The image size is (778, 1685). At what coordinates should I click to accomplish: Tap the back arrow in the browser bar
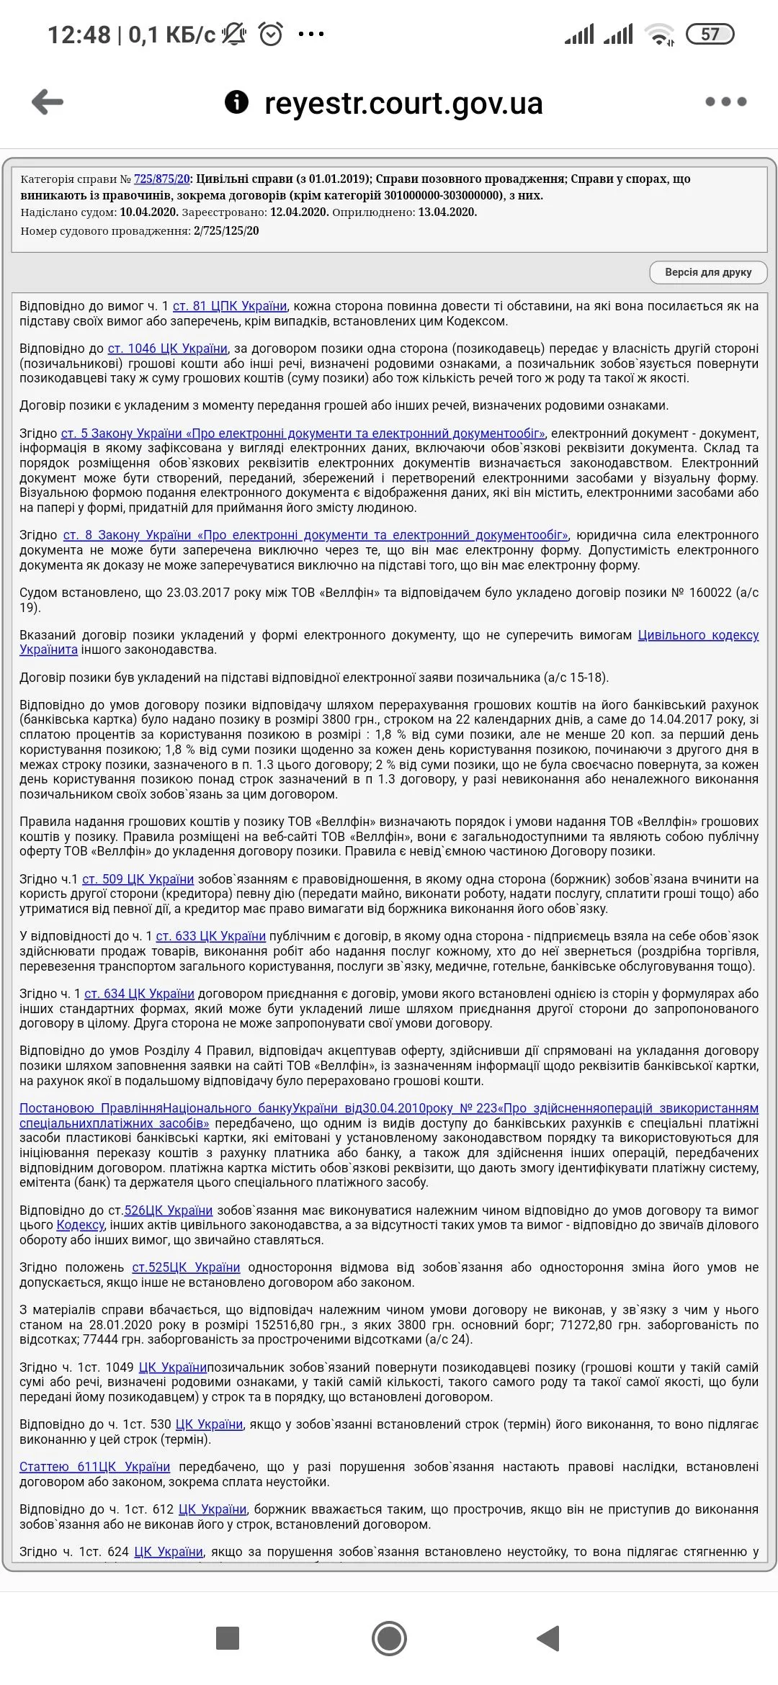(48, 102)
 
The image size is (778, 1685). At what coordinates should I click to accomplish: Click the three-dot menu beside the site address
(725, 102)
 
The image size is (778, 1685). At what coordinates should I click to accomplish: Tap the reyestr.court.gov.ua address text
(403, 103)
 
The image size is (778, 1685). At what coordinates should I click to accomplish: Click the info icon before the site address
(236, 102)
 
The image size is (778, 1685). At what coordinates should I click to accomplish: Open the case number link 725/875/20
(162, 179)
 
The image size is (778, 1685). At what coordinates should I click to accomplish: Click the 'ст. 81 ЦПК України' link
(230, 306)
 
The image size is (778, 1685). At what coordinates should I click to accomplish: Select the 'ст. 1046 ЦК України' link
(167, 349)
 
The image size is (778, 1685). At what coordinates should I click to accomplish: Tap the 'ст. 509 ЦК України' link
(138, 879)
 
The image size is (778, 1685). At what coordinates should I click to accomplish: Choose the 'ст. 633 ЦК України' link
(211, 936)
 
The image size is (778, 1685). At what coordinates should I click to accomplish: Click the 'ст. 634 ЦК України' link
(139, 994)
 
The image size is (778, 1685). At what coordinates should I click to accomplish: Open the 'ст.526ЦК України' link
(169, 1210)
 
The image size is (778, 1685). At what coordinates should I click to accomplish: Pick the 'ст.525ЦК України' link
(186, 1267)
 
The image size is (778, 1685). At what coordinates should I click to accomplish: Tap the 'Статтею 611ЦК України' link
(94, 1467)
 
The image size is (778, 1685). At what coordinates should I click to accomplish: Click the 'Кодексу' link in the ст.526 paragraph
(81, 1225)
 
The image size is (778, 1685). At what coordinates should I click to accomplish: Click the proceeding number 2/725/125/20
(225, 231)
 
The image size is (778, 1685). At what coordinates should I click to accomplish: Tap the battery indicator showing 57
(710, 35)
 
